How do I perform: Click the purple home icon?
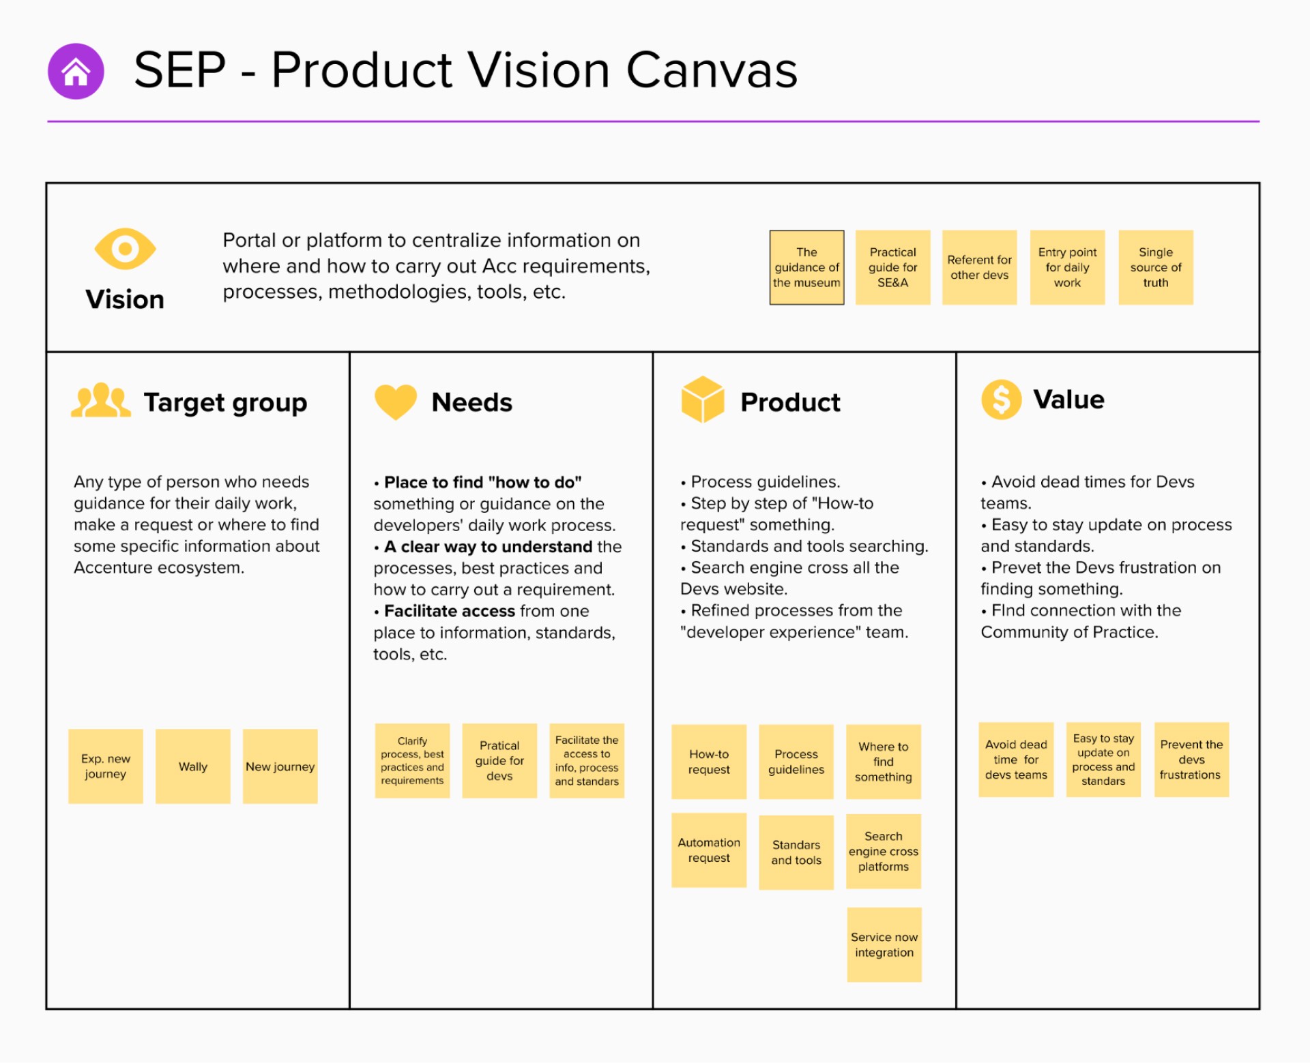76,71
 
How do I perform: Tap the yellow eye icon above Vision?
125,249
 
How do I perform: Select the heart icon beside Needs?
396,401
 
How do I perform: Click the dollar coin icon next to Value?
1001,400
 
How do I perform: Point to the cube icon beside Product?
702,400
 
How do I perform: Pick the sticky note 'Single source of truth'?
1155,267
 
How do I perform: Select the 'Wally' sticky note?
193,766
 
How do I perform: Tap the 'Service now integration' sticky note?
884,944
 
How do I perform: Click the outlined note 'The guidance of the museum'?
806,267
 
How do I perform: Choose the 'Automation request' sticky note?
709,850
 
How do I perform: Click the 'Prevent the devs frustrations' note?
1191,760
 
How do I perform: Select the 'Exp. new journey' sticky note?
106,766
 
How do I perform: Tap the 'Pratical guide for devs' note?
499,761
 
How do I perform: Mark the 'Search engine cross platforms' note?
884,851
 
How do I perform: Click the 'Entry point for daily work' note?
1067,267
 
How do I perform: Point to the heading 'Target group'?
225,402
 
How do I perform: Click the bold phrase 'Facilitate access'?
449,611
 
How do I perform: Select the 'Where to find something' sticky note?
884,762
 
